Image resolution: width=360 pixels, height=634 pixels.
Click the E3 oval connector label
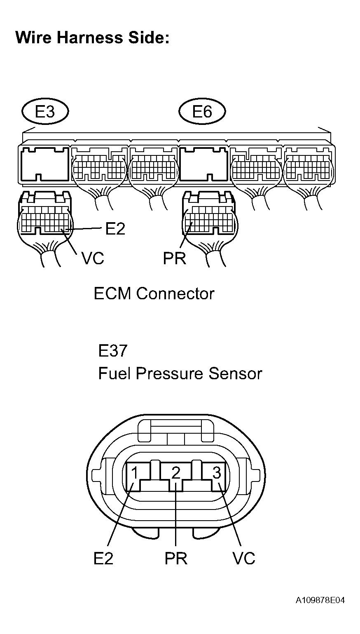(x=45, y=111)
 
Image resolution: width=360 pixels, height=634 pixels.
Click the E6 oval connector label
(x=202, y=111)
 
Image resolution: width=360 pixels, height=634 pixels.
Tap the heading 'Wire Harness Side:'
(x=92, y=38)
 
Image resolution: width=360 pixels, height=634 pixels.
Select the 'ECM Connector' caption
(x=154, y=294)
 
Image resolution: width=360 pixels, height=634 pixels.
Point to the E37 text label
(x=112, y=351)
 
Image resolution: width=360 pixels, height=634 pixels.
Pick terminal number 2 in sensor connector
(x=176, y=473)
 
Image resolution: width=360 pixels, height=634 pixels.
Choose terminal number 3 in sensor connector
(x=217, y=473)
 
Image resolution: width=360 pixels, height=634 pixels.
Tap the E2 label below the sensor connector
(x=103, y=559)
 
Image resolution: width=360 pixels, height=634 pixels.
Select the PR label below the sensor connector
(x=176, y=559)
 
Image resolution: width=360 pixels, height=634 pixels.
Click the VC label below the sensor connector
(x=244, y=559)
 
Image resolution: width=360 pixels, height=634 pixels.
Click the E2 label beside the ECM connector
(x=115, y=228)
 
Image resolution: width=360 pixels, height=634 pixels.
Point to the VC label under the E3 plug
(x=93, y=258)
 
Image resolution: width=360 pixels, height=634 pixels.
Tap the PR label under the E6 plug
(x=175, y=258)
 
